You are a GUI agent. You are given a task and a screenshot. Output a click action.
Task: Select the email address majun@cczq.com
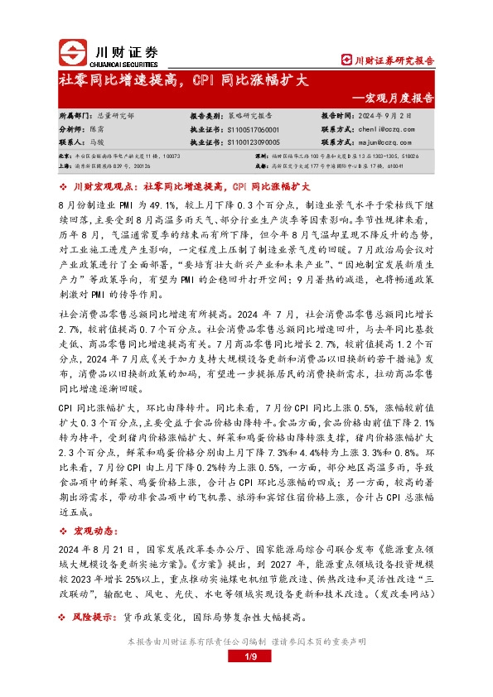[388, 142]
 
